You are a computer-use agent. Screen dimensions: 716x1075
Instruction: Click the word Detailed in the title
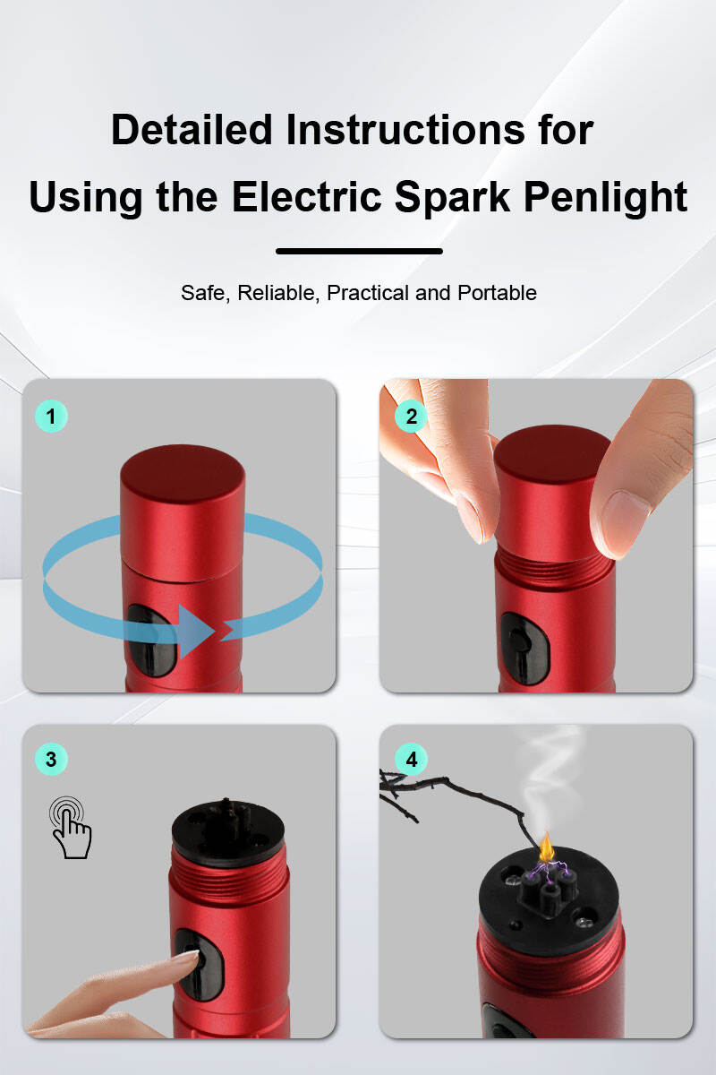click(x=192, y=130)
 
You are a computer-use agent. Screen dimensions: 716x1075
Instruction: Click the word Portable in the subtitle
click(x=497, y=293)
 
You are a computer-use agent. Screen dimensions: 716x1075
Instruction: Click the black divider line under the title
click(x=359, y=251)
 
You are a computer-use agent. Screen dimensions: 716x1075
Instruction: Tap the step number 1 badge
click(x=51, y=416)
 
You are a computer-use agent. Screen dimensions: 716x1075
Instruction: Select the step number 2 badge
click(x=411, y=416)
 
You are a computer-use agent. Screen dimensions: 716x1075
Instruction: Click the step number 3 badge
click(x=51, y=759)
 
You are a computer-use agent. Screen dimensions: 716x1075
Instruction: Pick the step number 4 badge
click(x=411, y=759)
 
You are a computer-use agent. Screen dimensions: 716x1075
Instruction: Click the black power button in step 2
click(x=525, y=648)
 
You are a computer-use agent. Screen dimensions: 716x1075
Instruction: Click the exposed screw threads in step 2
click(x=554, y=566)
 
